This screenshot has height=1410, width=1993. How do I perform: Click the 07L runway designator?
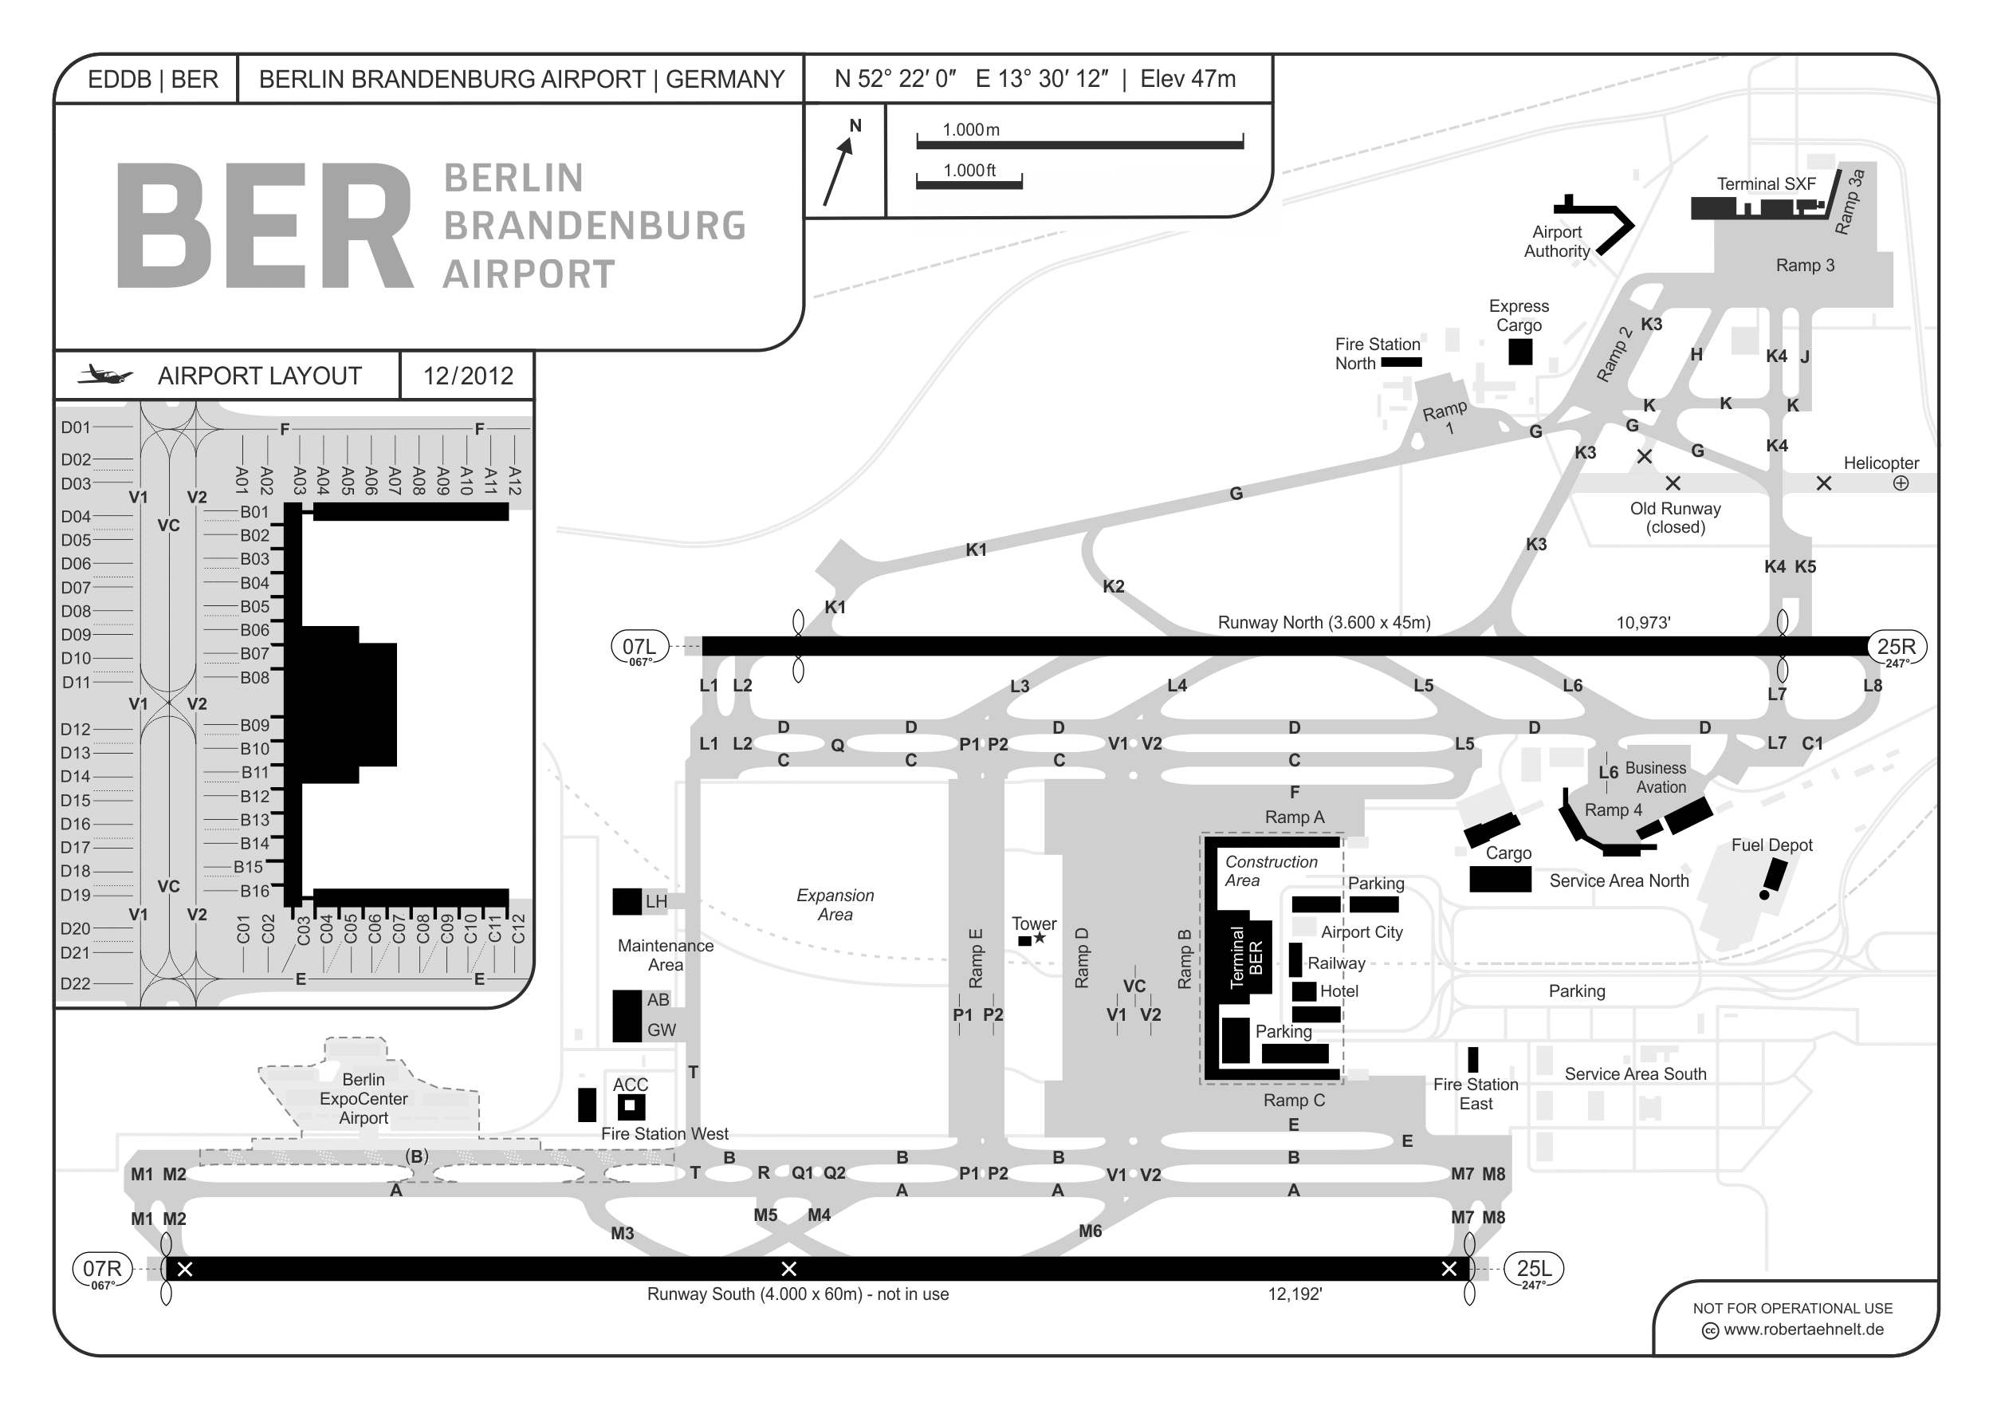(x=639, y=647)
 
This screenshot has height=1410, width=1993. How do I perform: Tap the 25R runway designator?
(x=1896, y=647)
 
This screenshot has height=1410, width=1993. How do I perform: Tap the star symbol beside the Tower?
(x=1039, y=939)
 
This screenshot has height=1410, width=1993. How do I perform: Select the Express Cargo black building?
(x=1520, y=352)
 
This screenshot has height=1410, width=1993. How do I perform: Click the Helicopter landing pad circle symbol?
(x=1901, y=483)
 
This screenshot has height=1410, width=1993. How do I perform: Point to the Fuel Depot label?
(x=1771, y=845)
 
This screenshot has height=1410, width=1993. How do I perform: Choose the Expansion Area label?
(x=835, y=904)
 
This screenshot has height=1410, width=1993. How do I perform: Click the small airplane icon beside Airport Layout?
(x=105, y=376)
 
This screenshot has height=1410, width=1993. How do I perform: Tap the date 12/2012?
(x=468, y=376)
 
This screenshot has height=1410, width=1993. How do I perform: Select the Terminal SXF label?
(x=1766, y=184)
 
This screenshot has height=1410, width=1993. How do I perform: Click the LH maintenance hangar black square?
(x=627, y=901)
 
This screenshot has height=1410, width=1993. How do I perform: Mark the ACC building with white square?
(x=631, y=1107)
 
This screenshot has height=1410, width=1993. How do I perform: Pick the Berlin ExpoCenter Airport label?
(x=363, y=1098)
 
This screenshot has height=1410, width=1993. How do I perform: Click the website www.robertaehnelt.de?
(x=1803, y=1329)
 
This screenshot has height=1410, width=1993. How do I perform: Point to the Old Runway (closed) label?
(x=1674, y=518)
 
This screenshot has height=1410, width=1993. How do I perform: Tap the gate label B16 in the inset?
(x=254, y=891)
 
